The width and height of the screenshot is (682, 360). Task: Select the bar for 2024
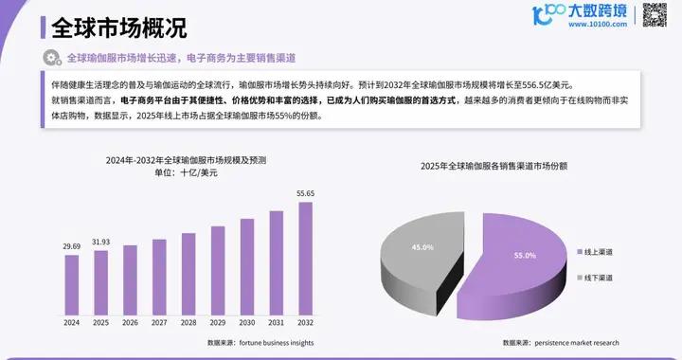point(72,283)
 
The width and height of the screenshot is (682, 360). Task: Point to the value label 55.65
point(305,193)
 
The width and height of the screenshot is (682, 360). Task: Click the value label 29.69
point(72,246)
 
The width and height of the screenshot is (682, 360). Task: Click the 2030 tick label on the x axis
point(247,323)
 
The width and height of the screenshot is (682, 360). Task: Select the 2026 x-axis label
point(130,323)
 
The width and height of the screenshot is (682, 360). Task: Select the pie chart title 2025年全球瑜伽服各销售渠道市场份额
point(508,166)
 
